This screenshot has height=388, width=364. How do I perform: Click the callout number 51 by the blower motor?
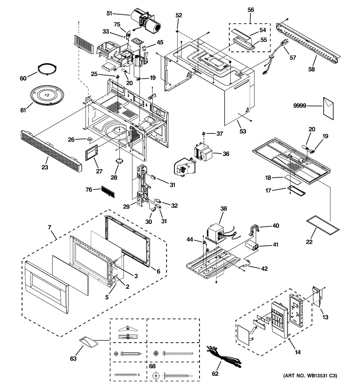point(109,13)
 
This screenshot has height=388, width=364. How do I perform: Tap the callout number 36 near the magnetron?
point(226,154)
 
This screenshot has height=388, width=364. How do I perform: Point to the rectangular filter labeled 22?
point(323,224)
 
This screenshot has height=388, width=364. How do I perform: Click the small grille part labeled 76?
point(108,191)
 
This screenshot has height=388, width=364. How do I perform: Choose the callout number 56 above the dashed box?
point(251,10)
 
